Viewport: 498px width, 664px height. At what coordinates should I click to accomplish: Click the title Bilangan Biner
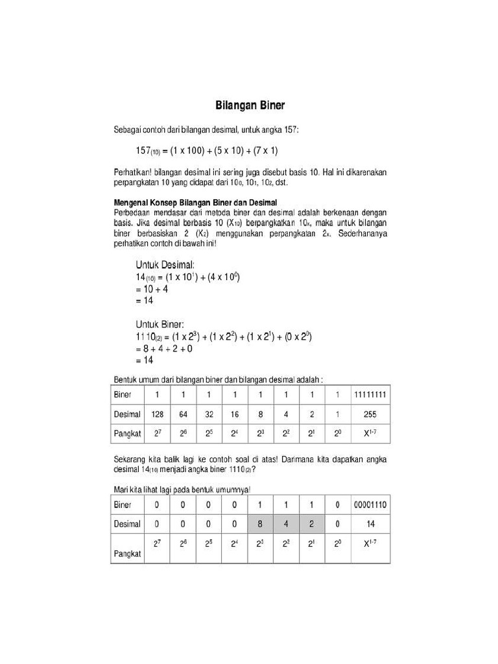click(250, 104)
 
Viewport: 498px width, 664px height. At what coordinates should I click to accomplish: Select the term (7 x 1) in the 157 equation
click(263, 151)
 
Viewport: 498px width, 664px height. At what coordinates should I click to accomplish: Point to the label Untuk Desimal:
click(165, 265)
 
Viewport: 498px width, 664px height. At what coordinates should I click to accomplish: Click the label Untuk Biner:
click(160, 324)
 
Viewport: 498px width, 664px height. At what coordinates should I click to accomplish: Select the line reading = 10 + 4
click(152, 289)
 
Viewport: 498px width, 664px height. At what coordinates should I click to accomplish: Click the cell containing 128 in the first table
click(157, 414)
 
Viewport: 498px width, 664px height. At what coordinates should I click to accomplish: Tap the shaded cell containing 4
click(285, 524)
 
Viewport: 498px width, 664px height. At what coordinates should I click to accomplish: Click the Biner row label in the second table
click(123, 504)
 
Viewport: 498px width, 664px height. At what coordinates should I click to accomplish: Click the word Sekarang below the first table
click(131, 459)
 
